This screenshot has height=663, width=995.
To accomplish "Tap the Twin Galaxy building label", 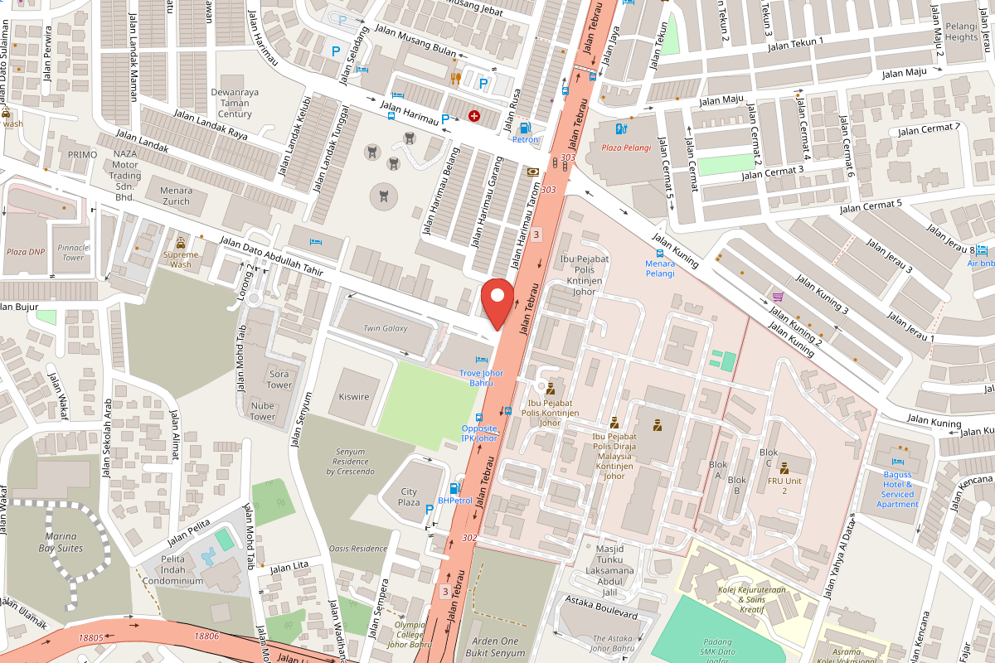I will point(386,328).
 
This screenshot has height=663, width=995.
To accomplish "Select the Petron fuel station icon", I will point(524,128).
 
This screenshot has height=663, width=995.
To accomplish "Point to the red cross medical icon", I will point(474,117).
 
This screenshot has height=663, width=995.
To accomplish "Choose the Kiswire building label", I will point(354,397).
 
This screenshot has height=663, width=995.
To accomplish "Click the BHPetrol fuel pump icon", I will point(454,488).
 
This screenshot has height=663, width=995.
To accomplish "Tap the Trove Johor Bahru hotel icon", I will point(481,360).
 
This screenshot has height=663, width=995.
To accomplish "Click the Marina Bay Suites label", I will point(61,542).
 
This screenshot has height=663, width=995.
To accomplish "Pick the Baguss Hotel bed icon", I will point(896,462).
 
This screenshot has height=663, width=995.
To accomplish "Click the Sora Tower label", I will point(279,380).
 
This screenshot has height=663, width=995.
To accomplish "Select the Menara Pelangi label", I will point(660,268).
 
